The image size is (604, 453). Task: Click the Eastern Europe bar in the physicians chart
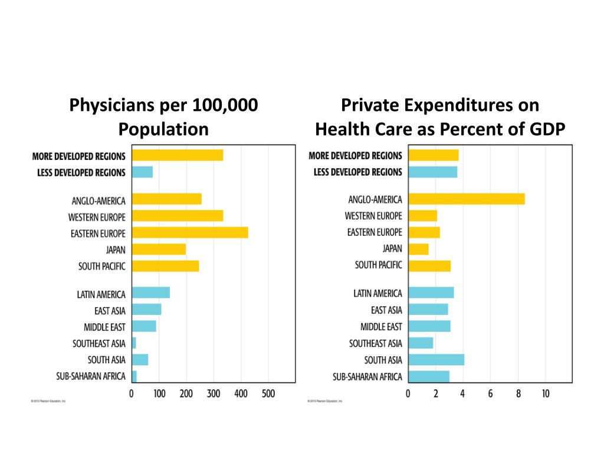click(x=190, y=232)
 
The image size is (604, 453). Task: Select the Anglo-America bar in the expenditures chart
click(x=466, y=199)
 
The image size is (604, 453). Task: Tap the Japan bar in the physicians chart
click(x=159, y=249)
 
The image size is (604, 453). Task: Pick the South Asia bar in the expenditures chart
click(x=436, y=359)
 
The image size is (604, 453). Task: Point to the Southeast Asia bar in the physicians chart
click(x=134, y=343)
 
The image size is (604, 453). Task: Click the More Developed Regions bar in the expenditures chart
click(x=433, y=155)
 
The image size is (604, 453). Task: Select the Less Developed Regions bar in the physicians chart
click(x=142, y=172)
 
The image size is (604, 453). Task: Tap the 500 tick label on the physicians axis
click(x=268, y=393)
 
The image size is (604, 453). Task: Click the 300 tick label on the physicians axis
click(x=214, y=393)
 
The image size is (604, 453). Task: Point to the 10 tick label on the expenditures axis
click(x=546, y=393)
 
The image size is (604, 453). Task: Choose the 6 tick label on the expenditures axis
click(x=490, y=393)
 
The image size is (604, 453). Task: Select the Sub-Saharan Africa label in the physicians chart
click(x=91, y=376)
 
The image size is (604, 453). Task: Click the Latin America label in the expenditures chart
click(x=377, y=293)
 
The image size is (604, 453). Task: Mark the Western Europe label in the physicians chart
click(x=97, y=217)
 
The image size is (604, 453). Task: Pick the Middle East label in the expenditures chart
click(x=381, y=326)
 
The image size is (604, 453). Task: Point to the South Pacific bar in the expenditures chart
click(x=429, y=265)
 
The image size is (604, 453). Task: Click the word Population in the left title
click(x=163, y=129)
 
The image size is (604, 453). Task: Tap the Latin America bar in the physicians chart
click(x=151, y=292)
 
